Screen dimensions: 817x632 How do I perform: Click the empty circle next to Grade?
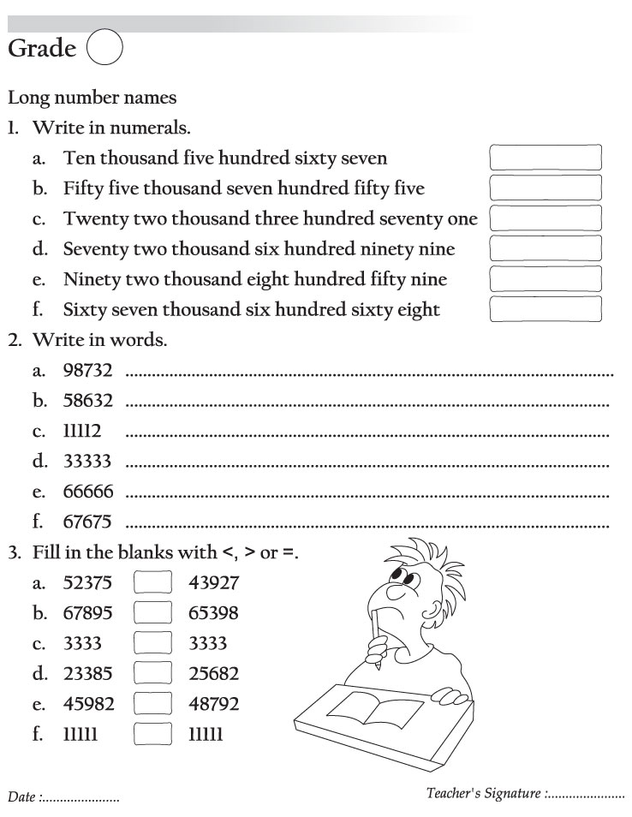104,50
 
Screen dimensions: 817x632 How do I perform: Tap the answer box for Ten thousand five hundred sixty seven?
545,158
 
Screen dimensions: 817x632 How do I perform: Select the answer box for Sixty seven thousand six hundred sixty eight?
545,309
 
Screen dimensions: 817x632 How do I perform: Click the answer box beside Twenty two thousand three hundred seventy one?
545,218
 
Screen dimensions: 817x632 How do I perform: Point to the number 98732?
87,370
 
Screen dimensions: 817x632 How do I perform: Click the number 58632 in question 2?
87,400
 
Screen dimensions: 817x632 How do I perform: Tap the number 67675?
87,522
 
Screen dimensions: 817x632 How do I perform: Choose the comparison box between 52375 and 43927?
153,583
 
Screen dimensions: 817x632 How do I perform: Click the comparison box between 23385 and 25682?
153,674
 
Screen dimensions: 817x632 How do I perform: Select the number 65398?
213,613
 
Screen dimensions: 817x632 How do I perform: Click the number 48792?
213,704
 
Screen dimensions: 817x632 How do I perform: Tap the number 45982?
88,704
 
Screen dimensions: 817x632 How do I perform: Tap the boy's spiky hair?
420,561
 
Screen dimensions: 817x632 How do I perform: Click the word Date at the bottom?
21,797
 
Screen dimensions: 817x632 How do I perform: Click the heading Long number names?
92,98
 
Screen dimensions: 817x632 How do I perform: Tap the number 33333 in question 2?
87,461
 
